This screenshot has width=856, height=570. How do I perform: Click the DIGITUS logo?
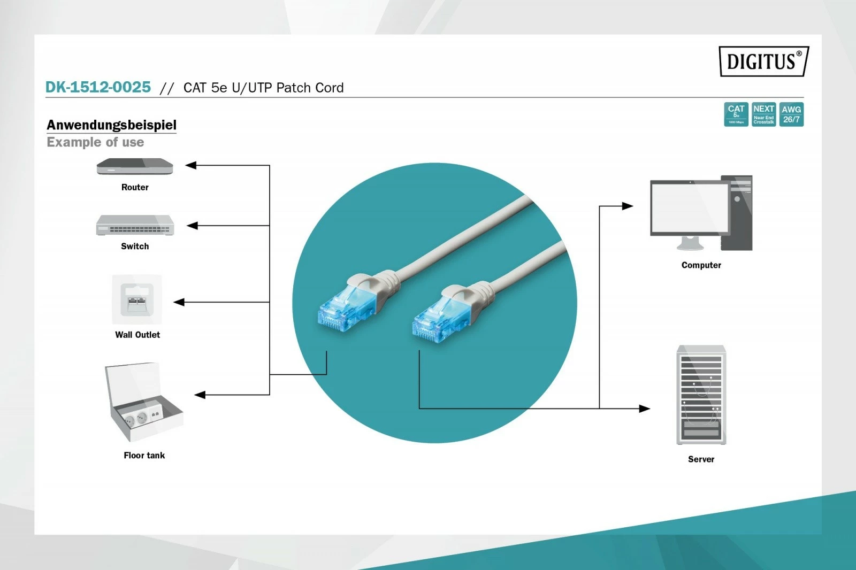click(763, 61)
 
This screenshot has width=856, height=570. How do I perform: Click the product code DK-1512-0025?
click(98, 87)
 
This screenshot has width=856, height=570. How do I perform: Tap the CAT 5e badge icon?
click(736, 114)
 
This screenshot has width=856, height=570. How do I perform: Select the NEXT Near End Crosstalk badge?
click(763, 114)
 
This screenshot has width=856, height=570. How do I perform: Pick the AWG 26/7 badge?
click(791, 114)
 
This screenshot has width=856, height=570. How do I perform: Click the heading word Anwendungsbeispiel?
click(111, 125)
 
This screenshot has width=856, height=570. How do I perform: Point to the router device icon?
click(135, 167)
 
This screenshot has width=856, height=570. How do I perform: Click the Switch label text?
click(135, 247)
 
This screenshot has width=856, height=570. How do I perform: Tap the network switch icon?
click(135, 225)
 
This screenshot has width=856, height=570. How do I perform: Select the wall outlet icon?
click(137, 299)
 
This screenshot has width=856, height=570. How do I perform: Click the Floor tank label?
click(144, 456)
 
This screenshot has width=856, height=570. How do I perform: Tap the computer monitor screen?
click(689, 207)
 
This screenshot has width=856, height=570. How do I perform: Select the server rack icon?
click(701, 395)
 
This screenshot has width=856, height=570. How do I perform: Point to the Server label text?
click(701, 459)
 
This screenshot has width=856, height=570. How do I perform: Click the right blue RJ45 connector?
click(435, 319)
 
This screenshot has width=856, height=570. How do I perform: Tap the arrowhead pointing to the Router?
click(191, 166)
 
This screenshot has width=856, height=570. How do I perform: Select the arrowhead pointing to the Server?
click(645, 409)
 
